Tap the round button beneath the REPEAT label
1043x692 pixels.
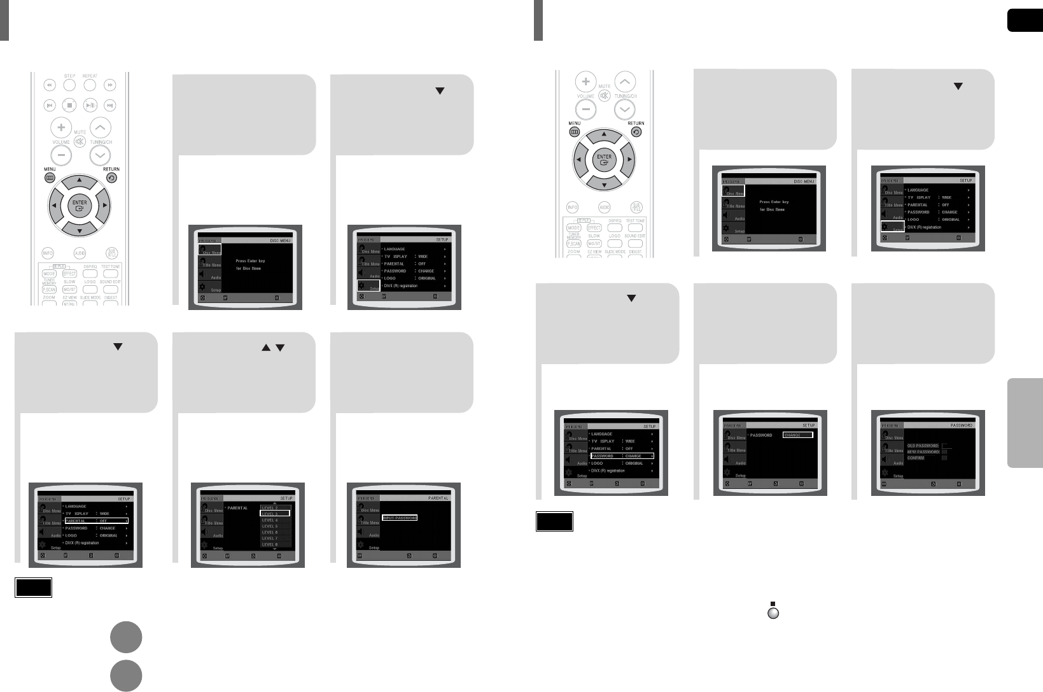click(x=90, y=85)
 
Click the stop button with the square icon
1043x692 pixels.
click(x=70, y=104)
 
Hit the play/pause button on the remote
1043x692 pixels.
click(x=90, y=104)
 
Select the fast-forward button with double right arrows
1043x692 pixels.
click(x=111, y=85)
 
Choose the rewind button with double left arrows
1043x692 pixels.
click(x=49, y=85)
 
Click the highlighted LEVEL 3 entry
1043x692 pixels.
click(x=275, y=513)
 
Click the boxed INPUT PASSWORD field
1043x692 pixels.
click(x=399, y=518)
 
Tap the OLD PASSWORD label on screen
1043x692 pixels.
click(x=923, y=446)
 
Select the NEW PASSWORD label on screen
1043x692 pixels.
click(x=923, y=452)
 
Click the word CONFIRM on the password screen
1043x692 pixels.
click(x=916, y=458)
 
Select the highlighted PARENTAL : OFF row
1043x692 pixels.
click(x=96, y=521)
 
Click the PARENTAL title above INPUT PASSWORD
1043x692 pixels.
click(x=438, y=498)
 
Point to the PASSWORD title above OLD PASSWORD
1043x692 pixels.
click(x=962, y=425)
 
